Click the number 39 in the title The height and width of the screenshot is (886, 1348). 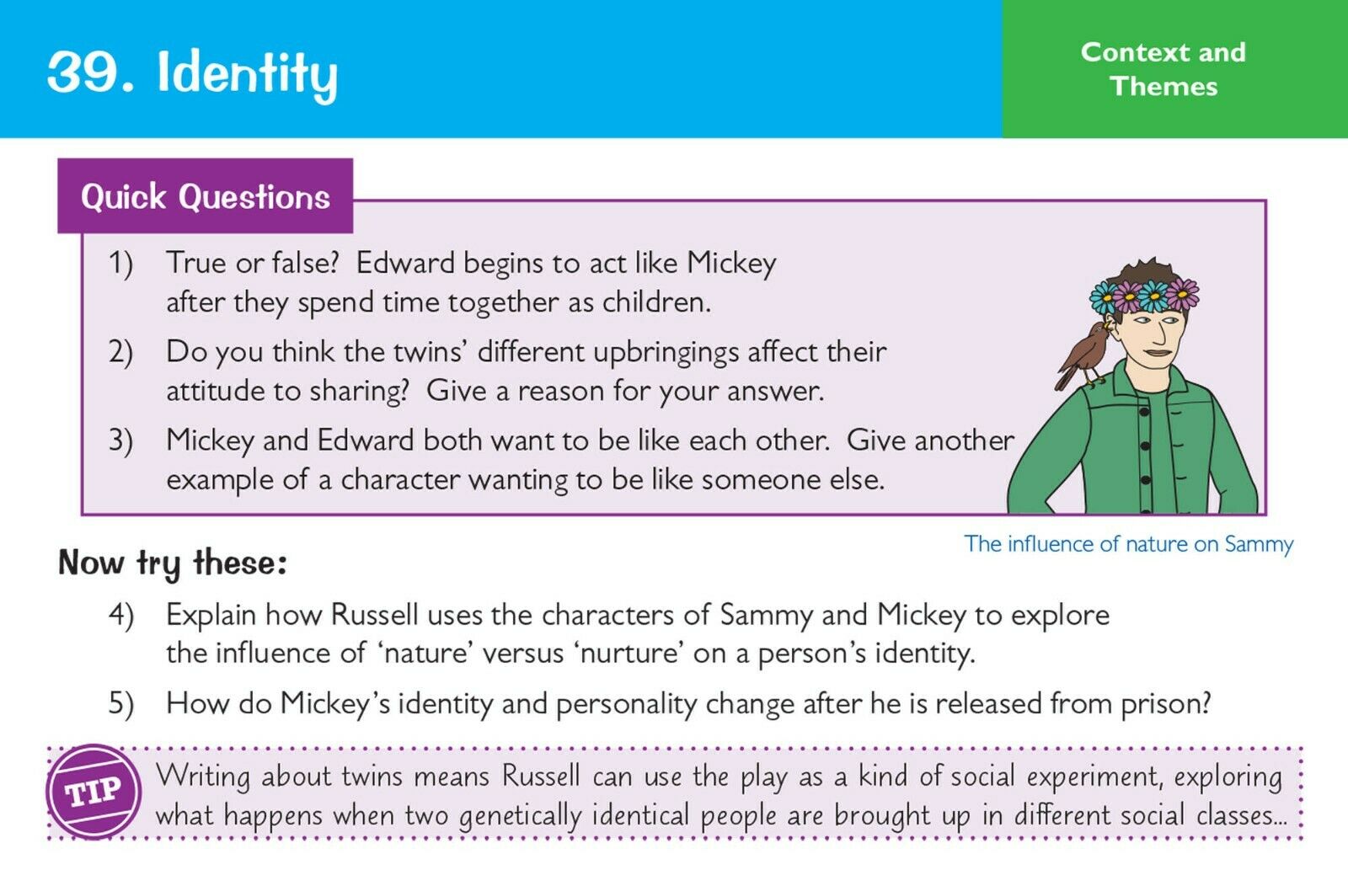pyautogui.click(x=84, y=72)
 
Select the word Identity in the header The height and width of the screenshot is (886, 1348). pyautogui.click(x=248, y=75)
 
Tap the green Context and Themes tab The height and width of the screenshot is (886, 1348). pyautogui.click(x=1174, y=68)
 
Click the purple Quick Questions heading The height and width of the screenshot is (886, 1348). pyautogui.click(x=206, y=196)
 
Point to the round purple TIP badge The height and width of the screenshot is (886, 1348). pyautogui.click(x=94, y=793)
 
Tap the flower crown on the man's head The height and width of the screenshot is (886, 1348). pyautogui.click(x=1143, y=296)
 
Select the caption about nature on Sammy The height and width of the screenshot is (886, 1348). pyautogui.click(x=1128, y=544)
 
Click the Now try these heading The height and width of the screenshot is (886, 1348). pyautogui.click(x=173, y=563)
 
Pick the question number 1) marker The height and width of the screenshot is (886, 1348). pyautogui.click(x=120, y=264)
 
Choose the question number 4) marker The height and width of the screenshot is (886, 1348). pyautogui.click(x=121, y=616)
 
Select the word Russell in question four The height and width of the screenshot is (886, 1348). pyautogui.click(x=374, y=615)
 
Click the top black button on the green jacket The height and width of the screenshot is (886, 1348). pyautogui.click(x=1144, y=412)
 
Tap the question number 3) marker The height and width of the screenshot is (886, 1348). pyautogui.click(x=120, y=441)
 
